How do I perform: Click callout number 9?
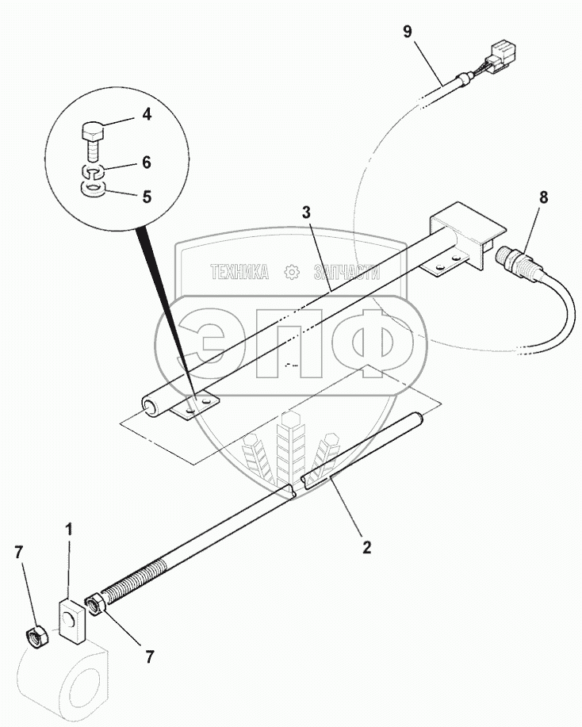pos(408,32)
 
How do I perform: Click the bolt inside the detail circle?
pos(92,137)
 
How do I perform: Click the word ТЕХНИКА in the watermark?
pos(239,272)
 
